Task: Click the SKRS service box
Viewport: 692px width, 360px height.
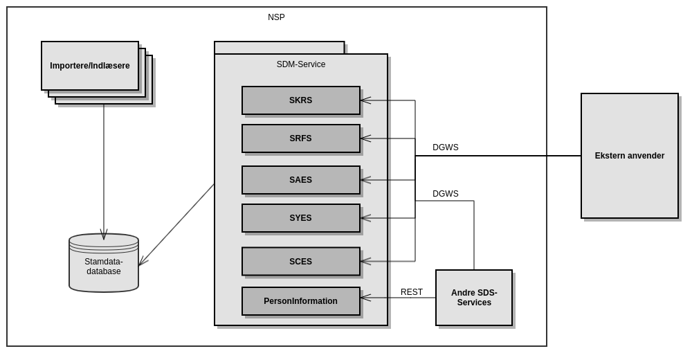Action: pos(300,100)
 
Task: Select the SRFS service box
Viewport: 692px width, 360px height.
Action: pos(300,138)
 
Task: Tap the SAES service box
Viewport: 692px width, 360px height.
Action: pos(300,180)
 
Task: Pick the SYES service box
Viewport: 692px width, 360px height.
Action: pos(300,218)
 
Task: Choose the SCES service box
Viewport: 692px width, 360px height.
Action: pos(300,262)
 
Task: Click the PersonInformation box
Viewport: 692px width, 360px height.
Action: pos(300,301)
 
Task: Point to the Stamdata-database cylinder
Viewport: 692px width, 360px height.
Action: pos(104,267)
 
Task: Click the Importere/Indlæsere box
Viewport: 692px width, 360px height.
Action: pos(90,66)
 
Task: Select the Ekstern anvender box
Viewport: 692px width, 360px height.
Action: pos(629,156)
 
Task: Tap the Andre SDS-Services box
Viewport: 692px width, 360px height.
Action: pos(474,298)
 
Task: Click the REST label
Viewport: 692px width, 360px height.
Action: pos(412,292)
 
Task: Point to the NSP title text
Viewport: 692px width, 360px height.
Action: pos(276,17)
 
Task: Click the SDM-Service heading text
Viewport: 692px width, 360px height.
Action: pos(301,64)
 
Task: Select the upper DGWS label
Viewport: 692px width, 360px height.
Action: pos(446,147)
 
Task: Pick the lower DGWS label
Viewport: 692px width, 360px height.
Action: pos(446,194)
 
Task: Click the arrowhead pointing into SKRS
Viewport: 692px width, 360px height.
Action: pos(365,100)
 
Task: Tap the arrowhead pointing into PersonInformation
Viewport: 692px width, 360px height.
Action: pos(365,298)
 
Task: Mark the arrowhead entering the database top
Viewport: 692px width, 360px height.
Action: pos(104,235)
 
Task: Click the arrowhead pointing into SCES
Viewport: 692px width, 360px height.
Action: pos(365,262)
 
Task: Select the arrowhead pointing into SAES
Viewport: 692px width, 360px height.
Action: pos(365,180)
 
